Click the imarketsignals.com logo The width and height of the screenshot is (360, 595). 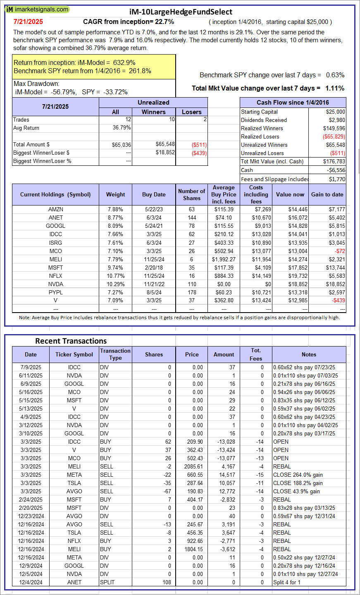(x=37, y=9)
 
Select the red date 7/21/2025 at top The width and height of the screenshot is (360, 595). (x=28, y=22)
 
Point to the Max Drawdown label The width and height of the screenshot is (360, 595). (x=36, y=84)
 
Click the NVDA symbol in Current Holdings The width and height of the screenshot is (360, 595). (x=56, y=284)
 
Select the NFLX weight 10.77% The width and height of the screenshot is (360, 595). (x=115, y=276)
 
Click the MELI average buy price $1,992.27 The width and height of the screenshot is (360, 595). (x=224, y=259)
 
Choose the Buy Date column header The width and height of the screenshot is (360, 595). (x=154, y=195)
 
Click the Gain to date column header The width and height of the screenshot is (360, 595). (x=327, y=195)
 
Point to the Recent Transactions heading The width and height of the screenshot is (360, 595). (x=71, y=341)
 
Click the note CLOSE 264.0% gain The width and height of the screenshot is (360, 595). (x=298, y=475)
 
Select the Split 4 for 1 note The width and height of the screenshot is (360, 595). (x=287, y=582)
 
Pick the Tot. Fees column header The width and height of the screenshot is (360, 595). (x=256, y=354)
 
